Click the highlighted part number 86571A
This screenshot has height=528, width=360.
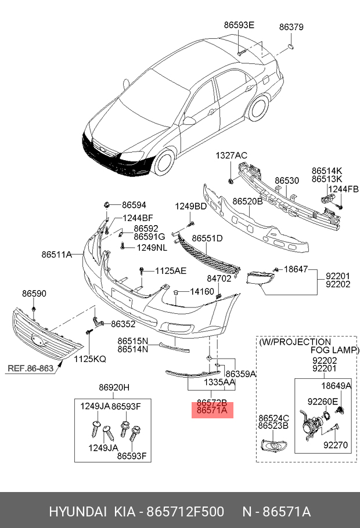point(212,411)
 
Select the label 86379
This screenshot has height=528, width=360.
point(291,27)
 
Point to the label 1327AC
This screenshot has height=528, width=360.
point(232,155)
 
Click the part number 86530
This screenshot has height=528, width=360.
point(287,181)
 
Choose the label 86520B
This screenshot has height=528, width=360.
point(248,201)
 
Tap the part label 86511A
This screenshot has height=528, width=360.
point(56,254)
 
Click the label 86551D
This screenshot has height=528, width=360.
point(207,238)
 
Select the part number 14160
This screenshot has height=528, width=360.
point(202,291)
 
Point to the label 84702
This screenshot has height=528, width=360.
point(219,279)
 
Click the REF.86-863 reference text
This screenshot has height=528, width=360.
point(30,368)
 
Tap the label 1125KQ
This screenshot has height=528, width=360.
point(89,359)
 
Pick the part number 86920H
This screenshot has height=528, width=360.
point(114,388)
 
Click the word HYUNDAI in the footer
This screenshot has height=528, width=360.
point(77,512)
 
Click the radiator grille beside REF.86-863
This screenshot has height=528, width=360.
point(46,336)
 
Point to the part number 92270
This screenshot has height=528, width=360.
point(335,445)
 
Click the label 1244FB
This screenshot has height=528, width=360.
point(343,189)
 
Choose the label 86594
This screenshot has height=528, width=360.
point(134,205)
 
